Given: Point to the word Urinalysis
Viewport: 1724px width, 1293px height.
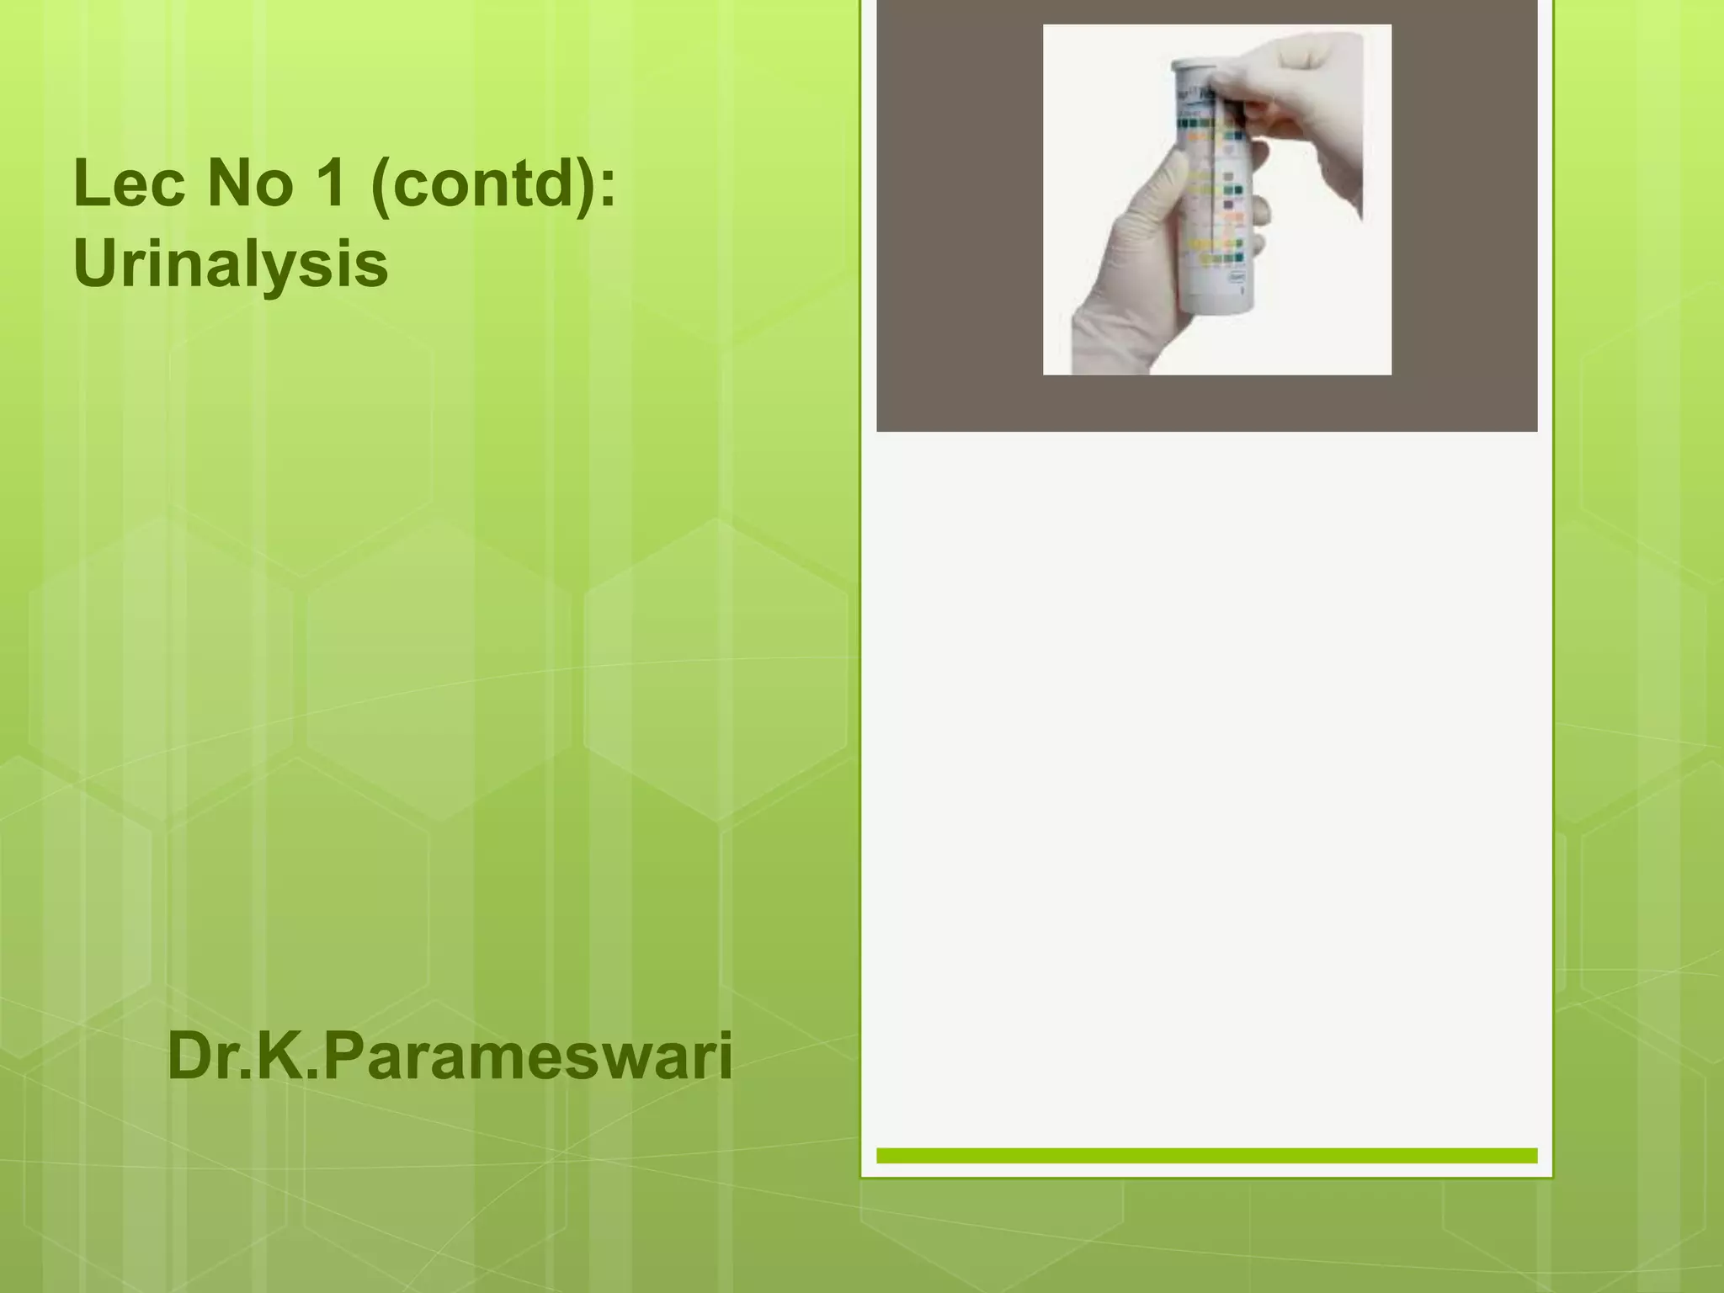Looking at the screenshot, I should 231,264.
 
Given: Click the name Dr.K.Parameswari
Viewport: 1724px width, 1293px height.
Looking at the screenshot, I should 450,1057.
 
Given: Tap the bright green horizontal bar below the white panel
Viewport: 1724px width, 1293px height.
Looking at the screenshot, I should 1206,1156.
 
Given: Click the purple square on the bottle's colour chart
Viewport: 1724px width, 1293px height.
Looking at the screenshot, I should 1232,205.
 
